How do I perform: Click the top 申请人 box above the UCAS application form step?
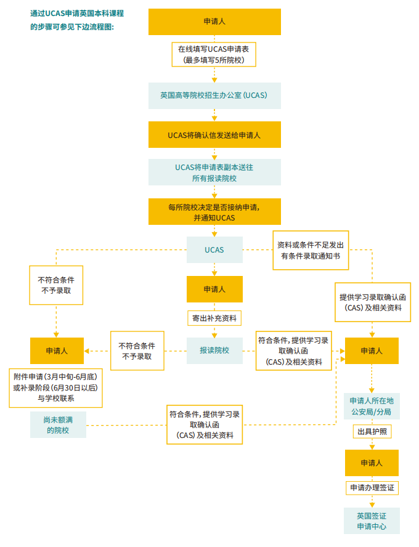214,22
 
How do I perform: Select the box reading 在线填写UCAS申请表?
214,54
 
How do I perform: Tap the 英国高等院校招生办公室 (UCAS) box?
214,95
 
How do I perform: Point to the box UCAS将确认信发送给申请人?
214,134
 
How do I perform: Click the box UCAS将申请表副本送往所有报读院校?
214,172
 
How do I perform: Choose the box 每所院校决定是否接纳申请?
214,211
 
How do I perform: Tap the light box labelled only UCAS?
214,250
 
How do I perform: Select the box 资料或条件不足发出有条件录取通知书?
311,250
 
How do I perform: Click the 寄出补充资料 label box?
214,318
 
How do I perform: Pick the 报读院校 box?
214,350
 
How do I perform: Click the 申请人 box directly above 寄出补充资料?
214,289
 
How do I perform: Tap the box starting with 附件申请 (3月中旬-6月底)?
55,387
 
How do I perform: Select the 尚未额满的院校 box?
59,425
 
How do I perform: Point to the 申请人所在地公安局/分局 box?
372,406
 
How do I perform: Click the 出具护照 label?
372,432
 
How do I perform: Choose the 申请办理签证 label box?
372,488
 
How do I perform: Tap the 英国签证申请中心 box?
372,521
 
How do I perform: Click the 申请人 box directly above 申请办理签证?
372,463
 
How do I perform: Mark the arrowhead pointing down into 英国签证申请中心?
372,504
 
